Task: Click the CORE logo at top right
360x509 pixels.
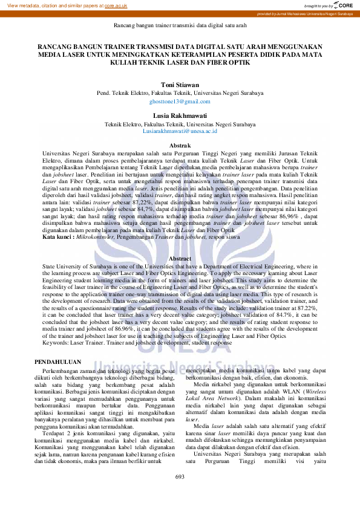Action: click(342, 5)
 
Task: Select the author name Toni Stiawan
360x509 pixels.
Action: click(180, 85)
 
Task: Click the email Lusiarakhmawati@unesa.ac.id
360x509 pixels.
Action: click(180, 131)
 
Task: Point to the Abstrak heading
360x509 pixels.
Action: click(180, 146)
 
